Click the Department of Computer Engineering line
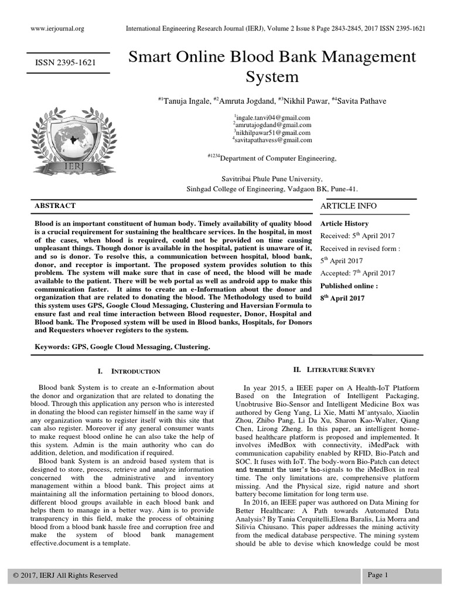tap(273, 158)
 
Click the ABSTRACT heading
tap(56, 206)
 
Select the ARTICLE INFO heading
tap(349, 206)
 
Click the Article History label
tap(345, 224)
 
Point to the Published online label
tap(349, 286)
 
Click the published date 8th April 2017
tap(342, 298)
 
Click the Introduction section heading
tap(129, 371)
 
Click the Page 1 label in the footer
tap(378, 575)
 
